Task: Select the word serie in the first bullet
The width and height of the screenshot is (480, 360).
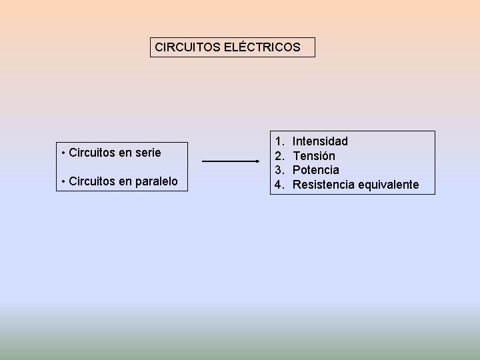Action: pyautogui.click(x=147, y=153)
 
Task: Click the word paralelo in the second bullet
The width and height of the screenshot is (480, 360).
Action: pyautogui.click(x=156, y=181)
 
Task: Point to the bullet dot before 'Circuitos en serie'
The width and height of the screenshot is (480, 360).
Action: pyautogui.click(x=62, y=153)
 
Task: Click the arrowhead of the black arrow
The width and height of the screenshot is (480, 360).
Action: pyautogui.click(x=257, y=161)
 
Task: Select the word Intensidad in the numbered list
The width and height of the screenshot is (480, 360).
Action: pyautogui.click(x=320, y=141)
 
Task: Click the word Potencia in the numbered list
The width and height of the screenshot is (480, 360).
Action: pyautogui.click(x=315, y=170)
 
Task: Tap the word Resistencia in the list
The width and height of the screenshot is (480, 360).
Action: pyautogui.click(x=323, y=185)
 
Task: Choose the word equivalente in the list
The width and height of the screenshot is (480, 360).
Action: pyautogui.click(x=388, y=185)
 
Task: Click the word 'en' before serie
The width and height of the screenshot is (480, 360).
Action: pyautogui.click(x=125, y=153)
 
